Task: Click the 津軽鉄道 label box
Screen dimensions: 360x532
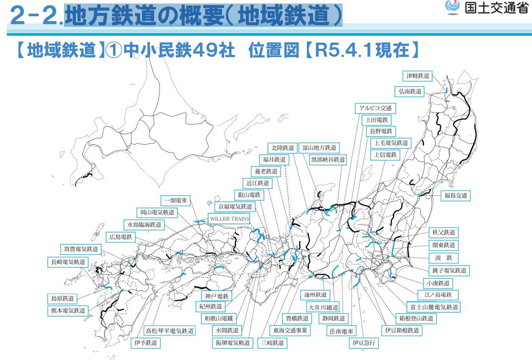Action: (x=417, y=76)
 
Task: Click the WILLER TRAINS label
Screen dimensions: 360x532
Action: (x=229, y=219)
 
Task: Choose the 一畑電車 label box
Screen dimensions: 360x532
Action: (x=177, y=200)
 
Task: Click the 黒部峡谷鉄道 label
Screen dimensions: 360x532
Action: (x=328, y=160)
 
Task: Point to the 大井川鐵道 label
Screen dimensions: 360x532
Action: (x=323, y=307)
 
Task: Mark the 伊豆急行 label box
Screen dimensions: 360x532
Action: (x=364, y=343)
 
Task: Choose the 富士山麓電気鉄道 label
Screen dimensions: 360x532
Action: (x=433, y=307)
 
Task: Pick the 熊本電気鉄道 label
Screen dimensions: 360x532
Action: (x=67, y=311)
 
